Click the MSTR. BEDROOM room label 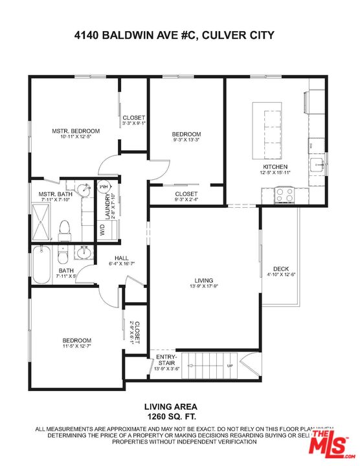(x=71, y=131)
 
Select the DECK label (x=280, y=269)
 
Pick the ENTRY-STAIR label (x=166, y=361)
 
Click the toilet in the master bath (x=63, y=228)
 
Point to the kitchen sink (x=317, y=164)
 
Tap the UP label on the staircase (x=229, y=366)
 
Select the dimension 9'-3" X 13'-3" (x=187, y=139)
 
